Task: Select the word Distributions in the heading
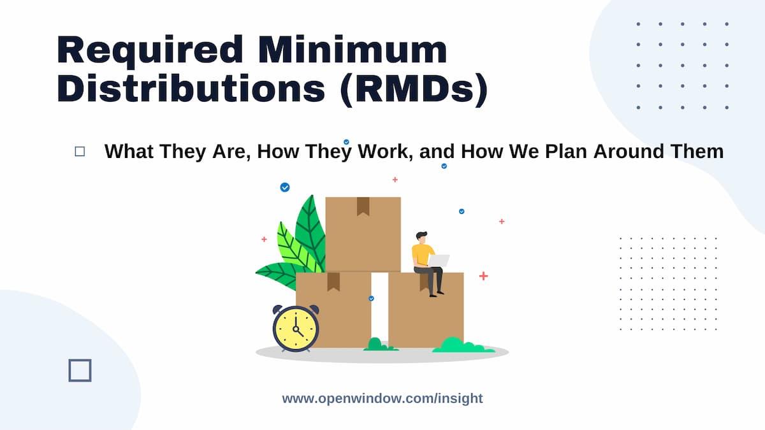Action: tap(191, 90)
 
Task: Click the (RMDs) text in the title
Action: tap(415, 90)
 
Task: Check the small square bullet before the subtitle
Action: tap(80, 152)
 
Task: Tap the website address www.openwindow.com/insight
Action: tap(382, 399)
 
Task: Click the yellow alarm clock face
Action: tap(295, 329)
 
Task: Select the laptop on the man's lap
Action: tap(438, 261)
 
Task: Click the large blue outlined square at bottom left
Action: tap(80, 370)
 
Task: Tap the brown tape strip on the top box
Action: tap(363, 205)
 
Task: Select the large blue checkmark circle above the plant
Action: tap(285, 187)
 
